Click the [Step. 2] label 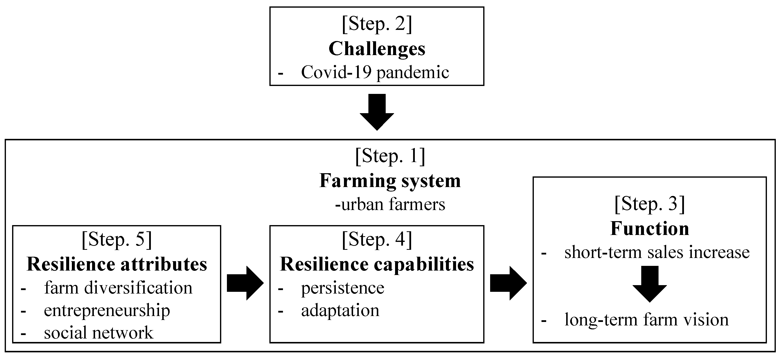[377, 24]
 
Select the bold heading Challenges [377, 48]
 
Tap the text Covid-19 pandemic [375, 72]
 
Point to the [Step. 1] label [390, 156]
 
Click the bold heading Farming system [390, 181]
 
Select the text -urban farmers [390, 204]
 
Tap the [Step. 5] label [117, 240]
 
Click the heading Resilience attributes [117, 264]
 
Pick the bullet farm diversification [118, 288]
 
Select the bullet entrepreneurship [107, 310]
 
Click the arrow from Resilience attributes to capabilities [245, 283]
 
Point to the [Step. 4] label [377, 240]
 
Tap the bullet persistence [342, 288]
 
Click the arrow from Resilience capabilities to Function [508, 283]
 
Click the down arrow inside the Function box [649, 284]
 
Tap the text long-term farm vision [646, 320]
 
